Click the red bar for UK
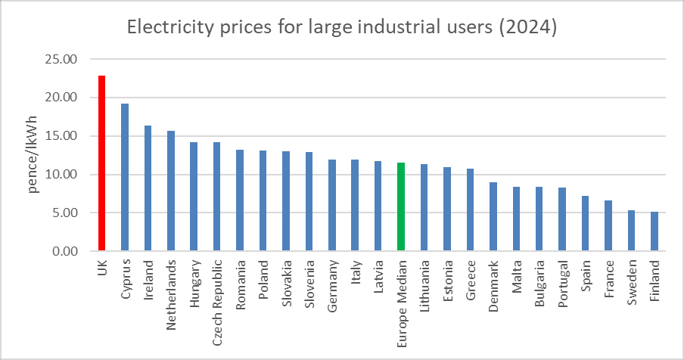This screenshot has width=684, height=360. click(101, 163)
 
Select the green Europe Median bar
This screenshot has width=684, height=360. click(401, 206)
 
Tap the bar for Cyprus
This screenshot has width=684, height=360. click(125, 177)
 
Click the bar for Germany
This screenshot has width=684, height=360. click(332, 205)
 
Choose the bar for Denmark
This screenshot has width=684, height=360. click(493, 216)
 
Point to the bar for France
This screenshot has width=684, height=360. click(608, 225)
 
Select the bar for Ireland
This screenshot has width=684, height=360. click(148, 188)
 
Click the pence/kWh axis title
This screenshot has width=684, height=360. click(33, 156)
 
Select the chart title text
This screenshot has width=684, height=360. click(341, 28)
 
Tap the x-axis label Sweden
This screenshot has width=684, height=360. click(632, 281)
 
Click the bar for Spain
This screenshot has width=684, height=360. click(586, 223)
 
